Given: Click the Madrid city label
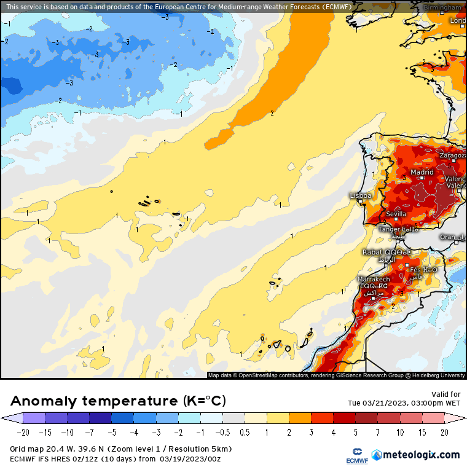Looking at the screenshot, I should pos(422,173).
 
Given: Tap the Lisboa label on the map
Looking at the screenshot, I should pos(361,195).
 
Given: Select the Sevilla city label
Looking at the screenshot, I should pos(396,214).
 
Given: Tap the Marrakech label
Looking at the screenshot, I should pos(374,279).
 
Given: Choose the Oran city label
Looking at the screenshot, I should pos(448,237).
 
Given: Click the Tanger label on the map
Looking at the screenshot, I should pos(389,229).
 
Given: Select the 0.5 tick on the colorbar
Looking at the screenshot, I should pos(244,432).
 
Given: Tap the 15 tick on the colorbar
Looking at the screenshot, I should pos(422,432).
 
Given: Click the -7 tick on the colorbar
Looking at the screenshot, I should pos(89,432).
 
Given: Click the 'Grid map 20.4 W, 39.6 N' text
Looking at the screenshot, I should pos(60,449).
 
